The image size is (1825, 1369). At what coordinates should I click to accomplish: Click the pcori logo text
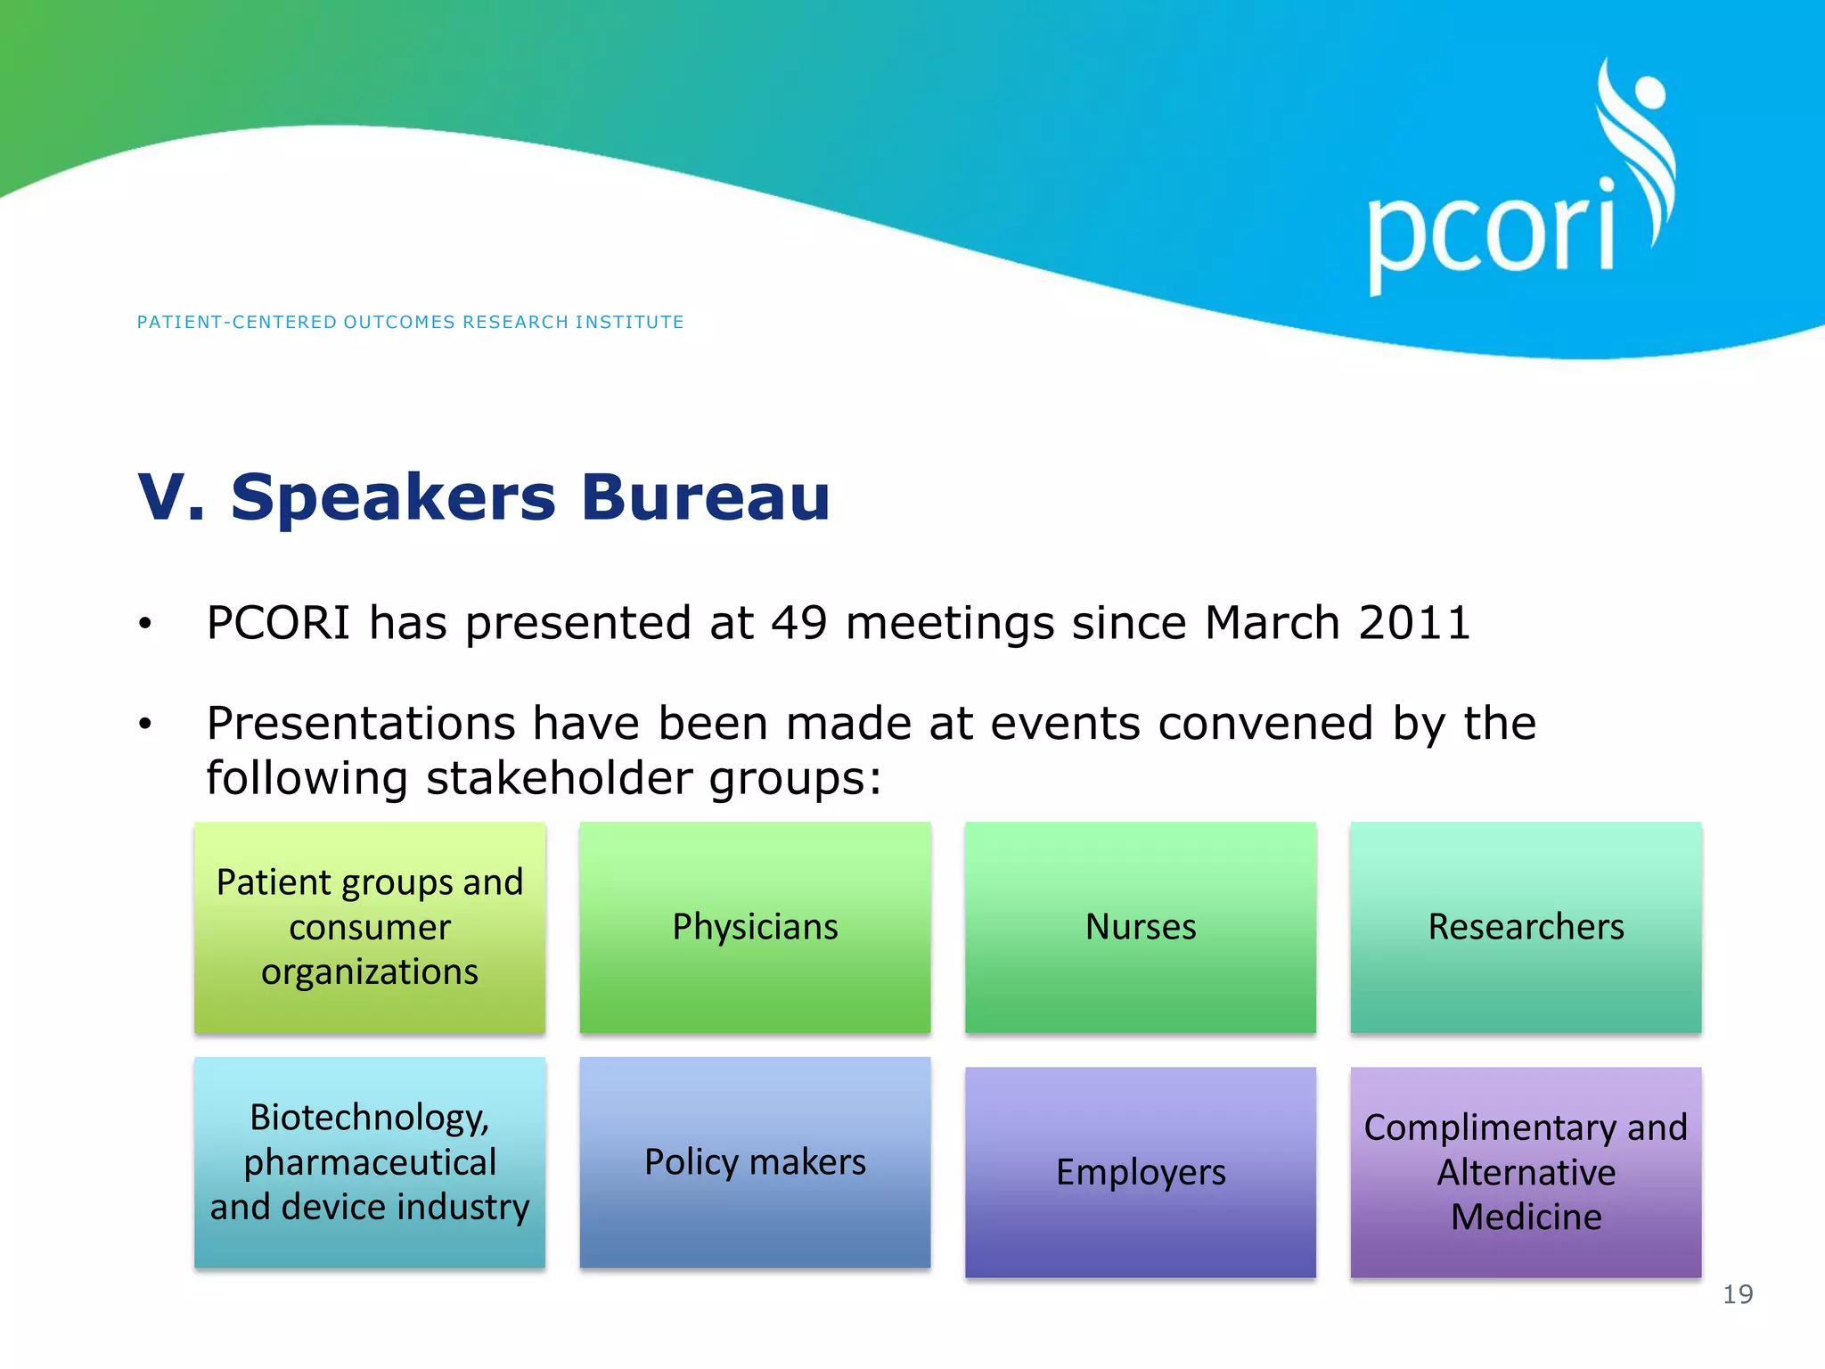click(1491, 234)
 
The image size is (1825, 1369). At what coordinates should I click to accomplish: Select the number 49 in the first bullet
click(798, 622)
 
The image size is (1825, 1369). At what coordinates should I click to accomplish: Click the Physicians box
click(755, 927)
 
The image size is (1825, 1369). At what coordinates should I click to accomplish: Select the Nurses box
click(1140, 927)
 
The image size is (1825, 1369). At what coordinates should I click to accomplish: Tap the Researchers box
click(1526, 927)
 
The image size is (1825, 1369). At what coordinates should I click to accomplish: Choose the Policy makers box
click(755, 1162)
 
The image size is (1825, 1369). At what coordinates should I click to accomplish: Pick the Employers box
click(1140, 1172)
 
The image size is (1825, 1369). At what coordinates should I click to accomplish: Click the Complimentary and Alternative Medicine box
click(1526, 1172)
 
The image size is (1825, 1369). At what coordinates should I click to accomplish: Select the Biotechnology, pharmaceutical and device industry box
click(370, 1162)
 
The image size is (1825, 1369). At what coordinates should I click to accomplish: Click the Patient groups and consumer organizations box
click(370, 927)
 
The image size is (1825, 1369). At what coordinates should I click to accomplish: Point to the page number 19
click(1738, 1294)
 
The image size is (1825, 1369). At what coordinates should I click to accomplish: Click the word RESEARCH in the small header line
click(515, 322)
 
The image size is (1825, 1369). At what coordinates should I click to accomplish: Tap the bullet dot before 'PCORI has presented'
click(145, 624)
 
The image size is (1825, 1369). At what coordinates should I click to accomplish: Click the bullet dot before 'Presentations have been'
click(145, 725)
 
